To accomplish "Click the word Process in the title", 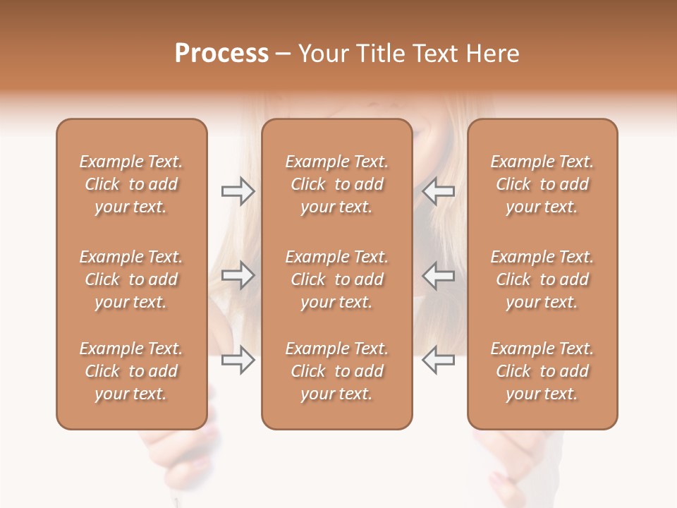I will click(x=221, y=54).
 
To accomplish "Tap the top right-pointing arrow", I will click(x=238, y=191).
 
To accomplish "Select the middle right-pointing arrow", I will click(x=238, y=275).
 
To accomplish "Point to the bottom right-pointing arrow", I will click(x=238, y=360).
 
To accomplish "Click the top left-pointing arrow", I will click(x=438, y=191).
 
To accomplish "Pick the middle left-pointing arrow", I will click(x=438, y=275).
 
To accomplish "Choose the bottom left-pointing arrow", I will click(x=438, y=360).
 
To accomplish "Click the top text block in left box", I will click(x=131, y=184).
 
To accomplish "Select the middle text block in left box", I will click(x=131, y=279).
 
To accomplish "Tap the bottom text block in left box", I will click(x=131, y=371).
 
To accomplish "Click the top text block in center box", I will click(x=337, y=184).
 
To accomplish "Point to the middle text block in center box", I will click(x=337, y=279).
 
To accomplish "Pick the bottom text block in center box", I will click(x=337, y=371).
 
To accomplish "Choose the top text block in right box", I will click(x=542, y=184).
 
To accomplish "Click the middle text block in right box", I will click(x=542, y=279).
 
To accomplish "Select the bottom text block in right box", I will click(x=542, y=371).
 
